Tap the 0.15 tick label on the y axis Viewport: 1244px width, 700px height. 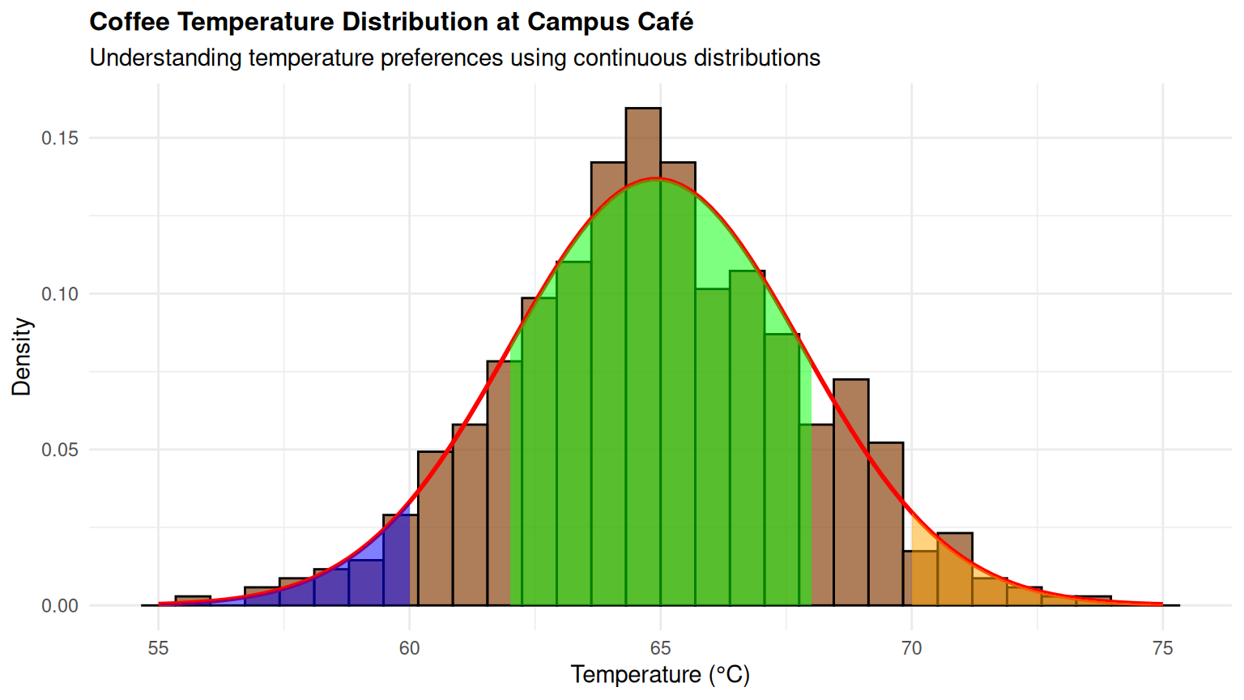[60, 138]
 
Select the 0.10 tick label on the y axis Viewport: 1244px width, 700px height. [60, 294]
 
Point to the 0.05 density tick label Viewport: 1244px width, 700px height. [60, 450]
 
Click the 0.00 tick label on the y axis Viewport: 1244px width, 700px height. [60, 606]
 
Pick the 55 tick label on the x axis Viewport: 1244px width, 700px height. [159, 648]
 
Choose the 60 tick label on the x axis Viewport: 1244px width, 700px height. [410, 648]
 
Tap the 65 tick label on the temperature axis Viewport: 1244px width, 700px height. [661, 648]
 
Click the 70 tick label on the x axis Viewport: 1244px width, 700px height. [912, 648]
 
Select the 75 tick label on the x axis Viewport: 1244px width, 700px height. [1163, 648]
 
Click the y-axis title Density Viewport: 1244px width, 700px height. [22, 356]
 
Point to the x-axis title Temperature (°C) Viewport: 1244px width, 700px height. [660, 675]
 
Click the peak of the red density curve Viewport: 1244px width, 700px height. [659, 178]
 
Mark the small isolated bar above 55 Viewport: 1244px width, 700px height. [193, 600]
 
